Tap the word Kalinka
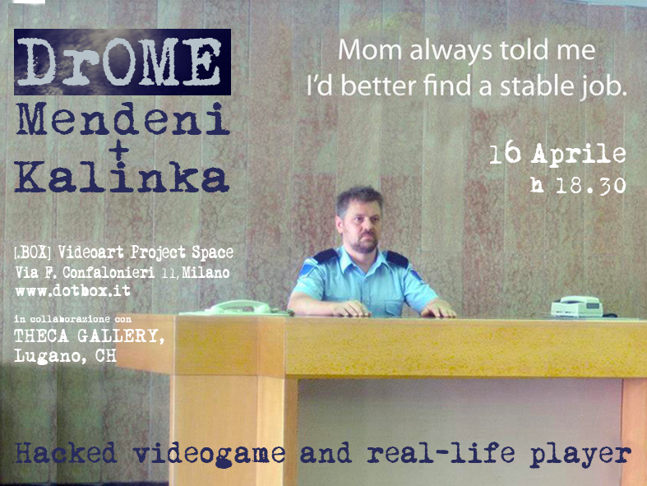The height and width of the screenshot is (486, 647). (122, 178)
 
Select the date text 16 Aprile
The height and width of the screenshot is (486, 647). (557, 155)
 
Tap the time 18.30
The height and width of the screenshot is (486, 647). (589, 186)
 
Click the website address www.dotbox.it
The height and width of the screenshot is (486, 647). (72, 291)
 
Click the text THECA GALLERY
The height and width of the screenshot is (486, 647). (83, 336)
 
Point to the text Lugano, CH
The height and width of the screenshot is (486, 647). (65, 355)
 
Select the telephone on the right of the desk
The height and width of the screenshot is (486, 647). (576, 307)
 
